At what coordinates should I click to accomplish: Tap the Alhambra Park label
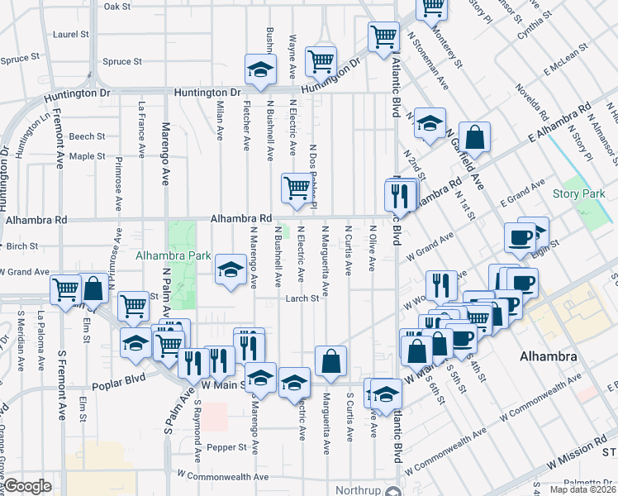(x=174, y=256)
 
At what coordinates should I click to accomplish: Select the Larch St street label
(x=302, y=299)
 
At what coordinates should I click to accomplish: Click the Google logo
(x=27, y=487)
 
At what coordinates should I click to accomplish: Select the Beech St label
(x=87, y=136)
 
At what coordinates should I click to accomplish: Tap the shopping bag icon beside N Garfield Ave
(x=475, y=136)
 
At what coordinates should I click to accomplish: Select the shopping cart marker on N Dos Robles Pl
(x=296, y=187)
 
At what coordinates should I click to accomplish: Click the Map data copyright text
(x=583, y=489)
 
